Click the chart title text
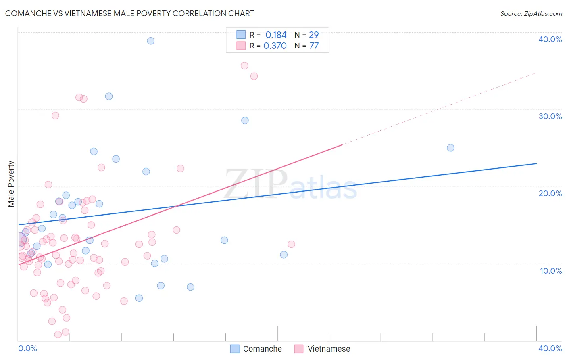129,13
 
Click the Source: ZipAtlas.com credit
531,13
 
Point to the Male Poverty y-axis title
11,184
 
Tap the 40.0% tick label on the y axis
550,39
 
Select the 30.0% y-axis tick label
550,116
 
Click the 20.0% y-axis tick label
550,193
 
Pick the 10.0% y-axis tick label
551,271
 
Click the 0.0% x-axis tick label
27,348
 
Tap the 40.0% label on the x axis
550,348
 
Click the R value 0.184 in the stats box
276,35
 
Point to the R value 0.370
275,46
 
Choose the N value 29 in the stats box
314,35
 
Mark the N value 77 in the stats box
314,46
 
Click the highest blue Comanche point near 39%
150,41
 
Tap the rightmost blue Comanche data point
450,148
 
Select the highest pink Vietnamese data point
244,66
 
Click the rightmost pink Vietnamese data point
291,244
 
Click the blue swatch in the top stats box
241,35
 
